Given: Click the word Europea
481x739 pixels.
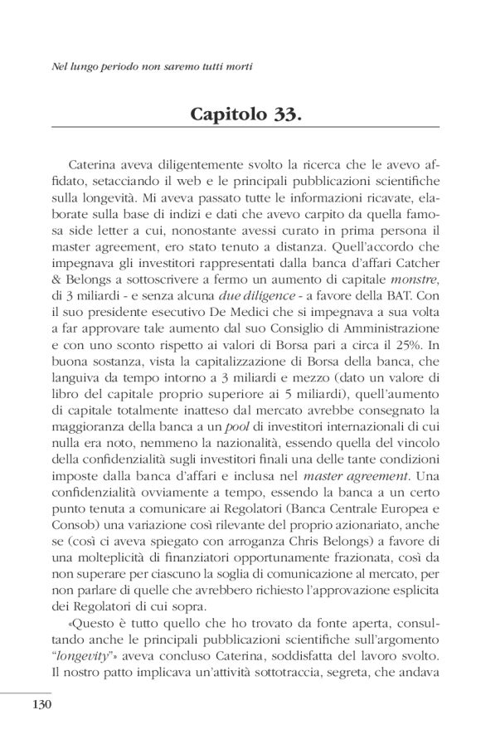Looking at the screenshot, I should click(392, 513).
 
